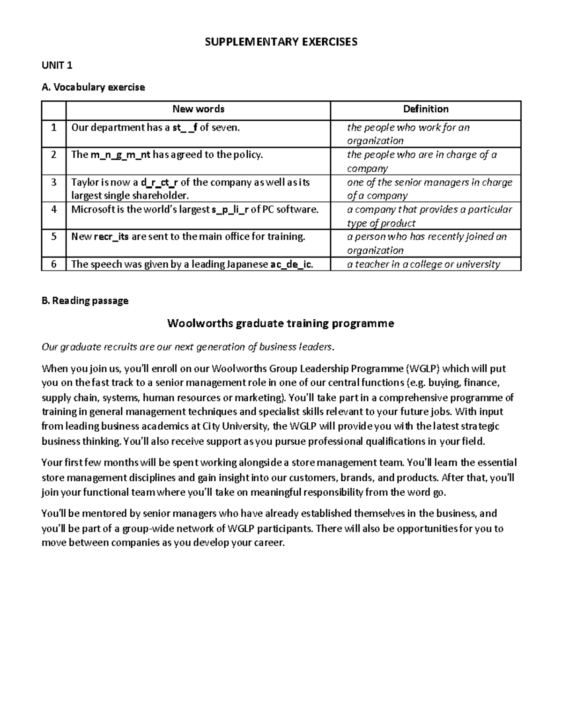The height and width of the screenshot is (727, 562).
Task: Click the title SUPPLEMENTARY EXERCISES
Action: tap(281, 42)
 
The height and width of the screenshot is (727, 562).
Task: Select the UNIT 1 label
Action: tap(57, 65)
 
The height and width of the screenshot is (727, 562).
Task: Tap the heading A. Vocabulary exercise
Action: tap(93, 87)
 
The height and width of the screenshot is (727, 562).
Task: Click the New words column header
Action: tap(198, 109)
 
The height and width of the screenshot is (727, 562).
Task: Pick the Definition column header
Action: tap(426, 109)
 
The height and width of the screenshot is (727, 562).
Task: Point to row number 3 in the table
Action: tap(54, 182)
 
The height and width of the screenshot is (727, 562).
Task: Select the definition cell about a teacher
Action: tap(423, 264)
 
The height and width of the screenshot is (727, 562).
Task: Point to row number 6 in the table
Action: tap(54, 264)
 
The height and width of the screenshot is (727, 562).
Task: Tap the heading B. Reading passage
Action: tap(85, 301)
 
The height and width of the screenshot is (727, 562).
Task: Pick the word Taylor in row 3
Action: tap(84, 182)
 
